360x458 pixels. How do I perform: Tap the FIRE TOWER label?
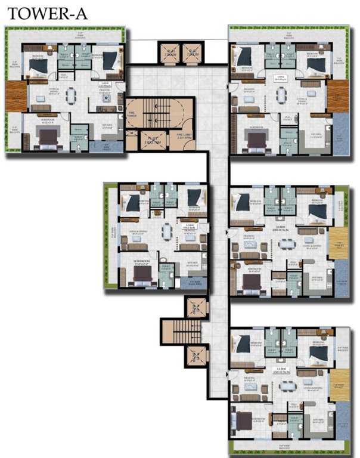coord(132,119)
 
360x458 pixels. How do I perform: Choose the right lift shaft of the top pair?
coord(192,55)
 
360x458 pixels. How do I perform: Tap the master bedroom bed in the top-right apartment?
coord(257,140)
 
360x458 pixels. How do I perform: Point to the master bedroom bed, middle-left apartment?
coord(142,273)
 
